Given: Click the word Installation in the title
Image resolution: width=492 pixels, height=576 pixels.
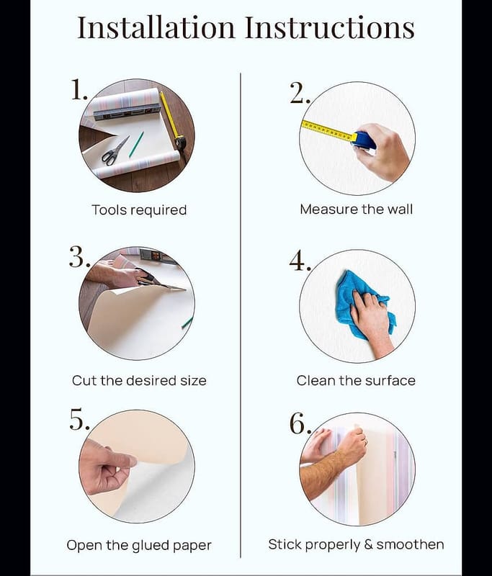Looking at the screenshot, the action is pyautogui.click(x=156, y=27).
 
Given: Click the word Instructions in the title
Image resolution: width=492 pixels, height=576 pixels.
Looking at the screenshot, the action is pyautogui.click(x=330, y=27).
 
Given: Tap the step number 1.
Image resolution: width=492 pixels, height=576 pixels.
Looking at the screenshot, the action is pyautogui.click(x=79, y=89).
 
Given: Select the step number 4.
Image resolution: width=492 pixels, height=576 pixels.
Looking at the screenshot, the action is pyautogui.click(x=300, y=261).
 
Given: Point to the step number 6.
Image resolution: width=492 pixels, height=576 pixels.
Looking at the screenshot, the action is pyautogui.click(x=300, y=423).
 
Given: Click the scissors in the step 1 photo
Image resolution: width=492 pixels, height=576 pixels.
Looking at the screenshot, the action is pyautogui.click(x=115, y=150).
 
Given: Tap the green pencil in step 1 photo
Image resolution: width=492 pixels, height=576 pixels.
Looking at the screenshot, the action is pyautogui.click(x=136, y=145).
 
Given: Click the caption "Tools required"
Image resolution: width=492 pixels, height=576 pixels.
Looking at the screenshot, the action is pyautogui.click(x=139, y=210).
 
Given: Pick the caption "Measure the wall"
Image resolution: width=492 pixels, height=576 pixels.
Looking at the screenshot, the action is pyautogui.click(x=356, y=210).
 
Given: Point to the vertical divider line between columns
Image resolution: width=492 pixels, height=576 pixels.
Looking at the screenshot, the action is pyautogui.click(x=241, y=315).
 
